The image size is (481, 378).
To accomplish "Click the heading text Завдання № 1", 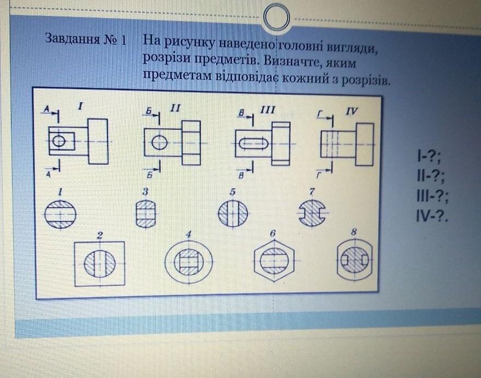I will tap(86, 39).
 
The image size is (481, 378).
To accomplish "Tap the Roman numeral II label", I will tap(175, 108).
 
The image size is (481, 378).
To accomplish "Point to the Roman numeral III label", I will tap(266, 110).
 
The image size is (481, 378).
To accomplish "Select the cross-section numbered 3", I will tap(146, 214).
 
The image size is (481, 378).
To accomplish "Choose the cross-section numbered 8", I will tap(354, 261).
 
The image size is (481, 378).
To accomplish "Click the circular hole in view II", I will tap(159, 142).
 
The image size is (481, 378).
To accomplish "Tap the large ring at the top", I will tap(276, 19).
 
